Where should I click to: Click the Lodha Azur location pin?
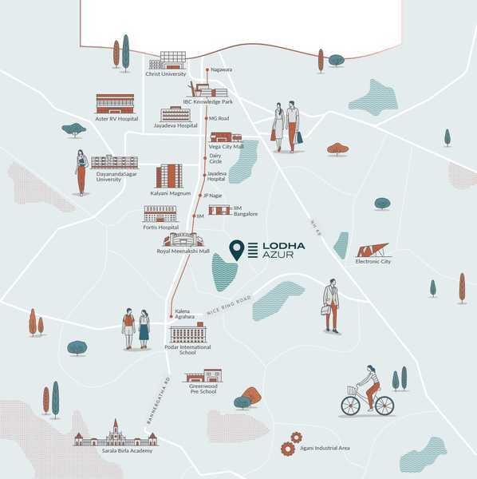pyautogui.click(x=237, y=250)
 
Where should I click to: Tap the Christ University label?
pyautogui.click(x=165, y=73)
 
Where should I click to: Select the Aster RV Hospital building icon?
pyautogui.click(x=115, y=104)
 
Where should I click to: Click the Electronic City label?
pyautogui.click(x=373, y=261)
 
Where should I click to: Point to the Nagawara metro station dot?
pyautogui.click(x=207, y=69)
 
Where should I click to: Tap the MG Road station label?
pyautogui.click(x=219, y=118)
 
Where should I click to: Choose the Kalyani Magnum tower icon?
pyautogui.click(x=169, y=176)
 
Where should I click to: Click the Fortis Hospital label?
pyautogui.click(x=160, y=228)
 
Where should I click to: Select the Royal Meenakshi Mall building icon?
pyautogui.click(x=183, y=239)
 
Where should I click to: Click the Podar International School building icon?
pyautogui.click(x=188, y=332)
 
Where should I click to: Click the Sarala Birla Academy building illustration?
pyautogui.click(x=116, y=435)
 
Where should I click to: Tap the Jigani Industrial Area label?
pyautogui.click(x=325, y=448)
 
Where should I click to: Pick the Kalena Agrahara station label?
pyautogui.click(x=184, y=314)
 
